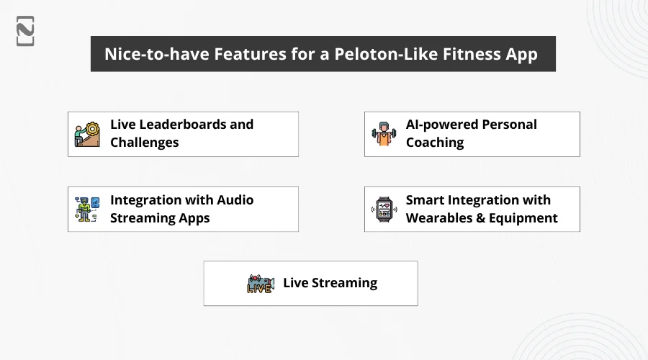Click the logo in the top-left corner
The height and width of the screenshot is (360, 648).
pos(25,31)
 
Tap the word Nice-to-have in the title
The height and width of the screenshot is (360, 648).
pos(157,54)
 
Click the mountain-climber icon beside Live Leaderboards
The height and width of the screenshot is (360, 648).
pos(87,135)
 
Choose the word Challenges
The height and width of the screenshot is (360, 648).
pos(144,143)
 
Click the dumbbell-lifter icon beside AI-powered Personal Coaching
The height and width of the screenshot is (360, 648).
pos(384,134)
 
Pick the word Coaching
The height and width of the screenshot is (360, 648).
pos(435,143)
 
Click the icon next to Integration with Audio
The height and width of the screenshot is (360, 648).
pos(87,209)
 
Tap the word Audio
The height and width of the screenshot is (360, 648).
pos(235,200)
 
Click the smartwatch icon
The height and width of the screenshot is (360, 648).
pos(384,209)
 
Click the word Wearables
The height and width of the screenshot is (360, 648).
pos(439,218)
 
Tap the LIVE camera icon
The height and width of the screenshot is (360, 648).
pos(261,284)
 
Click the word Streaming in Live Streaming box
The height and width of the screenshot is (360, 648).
pos(344,284)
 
